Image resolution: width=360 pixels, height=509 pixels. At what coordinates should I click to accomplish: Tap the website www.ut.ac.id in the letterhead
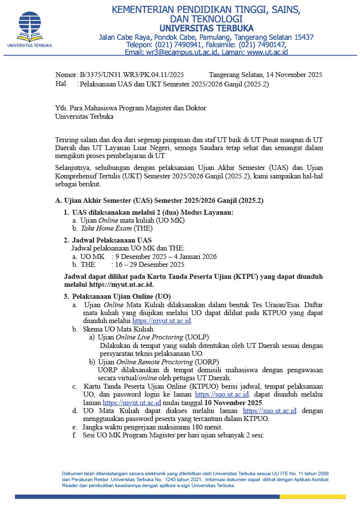(x=268, y=52)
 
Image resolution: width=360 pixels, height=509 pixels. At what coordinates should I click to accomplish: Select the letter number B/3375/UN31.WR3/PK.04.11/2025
(x=132, y=75)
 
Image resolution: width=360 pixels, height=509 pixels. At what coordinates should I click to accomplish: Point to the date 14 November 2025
(x=290, y=75)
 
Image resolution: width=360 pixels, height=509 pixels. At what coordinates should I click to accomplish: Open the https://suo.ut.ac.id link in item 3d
(x=270, y=411)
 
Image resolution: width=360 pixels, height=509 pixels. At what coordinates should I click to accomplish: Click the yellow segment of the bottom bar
(x=312, y=497)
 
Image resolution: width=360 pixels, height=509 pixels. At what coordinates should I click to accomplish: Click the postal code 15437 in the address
(x=303, y=37)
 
